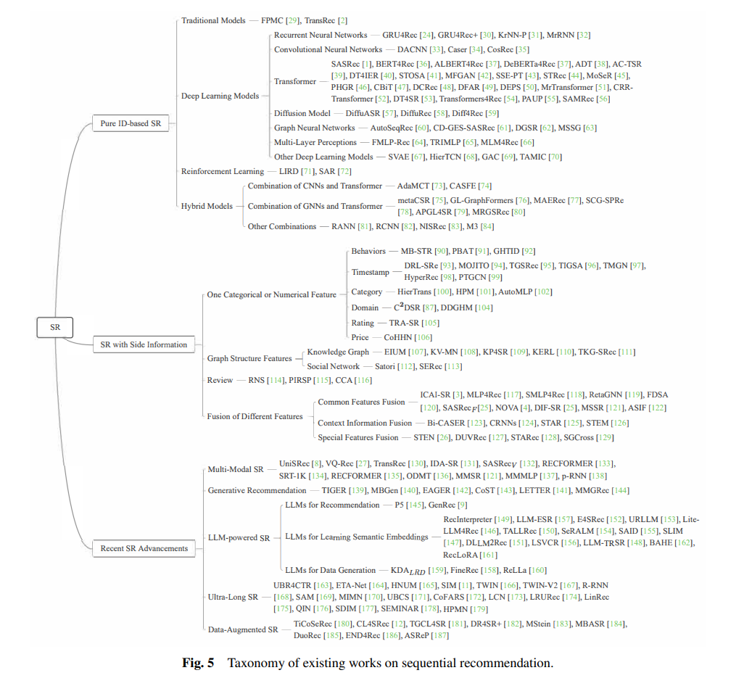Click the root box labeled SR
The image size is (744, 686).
point(55,327)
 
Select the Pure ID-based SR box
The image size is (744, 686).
point(131,123)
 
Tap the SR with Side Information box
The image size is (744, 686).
point(144,344)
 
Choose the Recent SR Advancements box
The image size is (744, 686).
point(144,548)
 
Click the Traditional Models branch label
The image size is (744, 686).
point(213,20)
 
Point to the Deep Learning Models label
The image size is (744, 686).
point(220,96)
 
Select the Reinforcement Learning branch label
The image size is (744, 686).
point(223,171)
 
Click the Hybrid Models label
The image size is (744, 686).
point(207,206)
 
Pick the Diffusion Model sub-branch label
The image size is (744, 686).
point(302,113)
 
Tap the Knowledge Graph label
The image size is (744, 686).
point(338,352)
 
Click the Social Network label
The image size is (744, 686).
point(333,366)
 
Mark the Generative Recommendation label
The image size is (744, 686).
point(257,490)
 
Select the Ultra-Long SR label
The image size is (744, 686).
point(233,597)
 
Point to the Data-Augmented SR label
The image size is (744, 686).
point(243,629)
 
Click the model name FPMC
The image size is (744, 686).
point(272,20)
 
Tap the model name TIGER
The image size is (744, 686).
point(334,490)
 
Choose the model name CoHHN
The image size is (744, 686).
point(398,337)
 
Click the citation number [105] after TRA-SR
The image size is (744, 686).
point(430,323)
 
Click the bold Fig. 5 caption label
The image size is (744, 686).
point(199,663)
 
